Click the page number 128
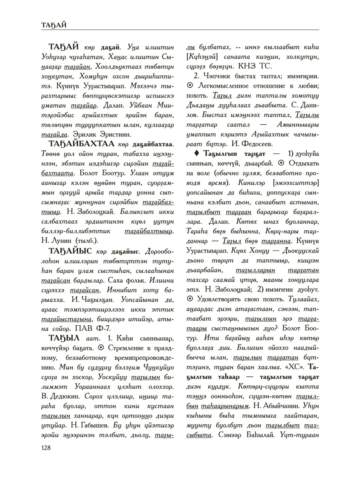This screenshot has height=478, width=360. (x=47, y=448)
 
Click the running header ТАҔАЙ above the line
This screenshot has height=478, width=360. (x=54, y=25)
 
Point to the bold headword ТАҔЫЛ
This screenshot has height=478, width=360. (x=64, y=338)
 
